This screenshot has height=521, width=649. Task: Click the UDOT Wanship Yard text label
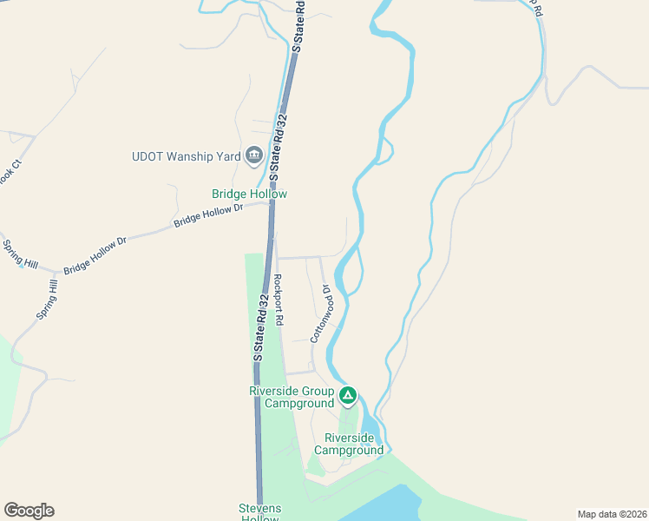pyautogui.click(x=185, y=157)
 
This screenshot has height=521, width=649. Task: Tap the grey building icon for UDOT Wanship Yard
pyautogui.click(x=254, y=156)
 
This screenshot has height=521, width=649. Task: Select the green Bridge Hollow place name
pyautogui.click(x=249, y=195)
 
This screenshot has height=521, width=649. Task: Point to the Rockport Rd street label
pyautogui.click(x=279, y=300)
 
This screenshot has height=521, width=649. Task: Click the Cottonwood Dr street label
pyautogui.click(x=321, y=314)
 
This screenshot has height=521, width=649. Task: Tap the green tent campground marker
pyautogui.click(x=348, y=397)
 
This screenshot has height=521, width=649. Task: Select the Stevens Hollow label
pyautogui.click(x=261, y=513)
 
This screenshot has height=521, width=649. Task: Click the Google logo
pyautogui.click(x=29, y=511)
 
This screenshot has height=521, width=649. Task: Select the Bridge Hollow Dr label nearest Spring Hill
pyautogui.click(x=95, y=254)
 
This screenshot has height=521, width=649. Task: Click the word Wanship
pyautogui.click(x=195, y=157)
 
